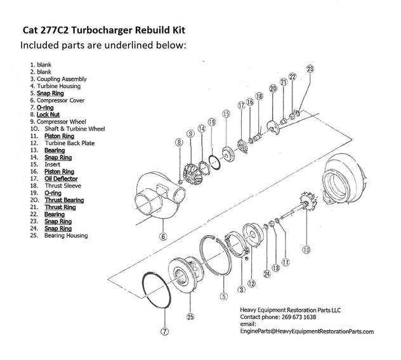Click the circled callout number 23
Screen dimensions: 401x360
(310, 69)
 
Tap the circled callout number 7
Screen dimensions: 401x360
(165, 331)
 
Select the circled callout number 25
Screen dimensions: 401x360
(190, 317)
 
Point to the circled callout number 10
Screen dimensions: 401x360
(306, 250)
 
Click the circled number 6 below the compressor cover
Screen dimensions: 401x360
(164, 236)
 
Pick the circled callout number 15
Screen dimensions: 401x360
(226, 113)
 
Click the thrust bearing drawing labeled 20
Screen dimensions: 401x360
(273, 127)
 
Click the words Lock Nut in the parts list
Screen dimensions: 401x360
(48, 115)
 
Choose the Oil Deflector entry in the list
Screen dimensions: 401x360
(61, 179)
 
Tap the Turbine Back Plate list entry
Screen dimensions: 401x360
(70, 143)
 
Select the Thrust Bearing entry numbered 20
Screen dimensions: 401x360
(65, 200)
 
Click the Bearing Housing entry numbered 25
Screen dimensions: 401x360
(66, 236)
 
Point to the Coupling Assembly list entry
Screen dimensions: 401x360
(62, 79)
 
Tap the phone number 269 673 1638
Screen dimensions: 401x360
(299, 317)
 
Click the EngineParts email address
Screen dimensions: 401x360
(307, 331)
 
